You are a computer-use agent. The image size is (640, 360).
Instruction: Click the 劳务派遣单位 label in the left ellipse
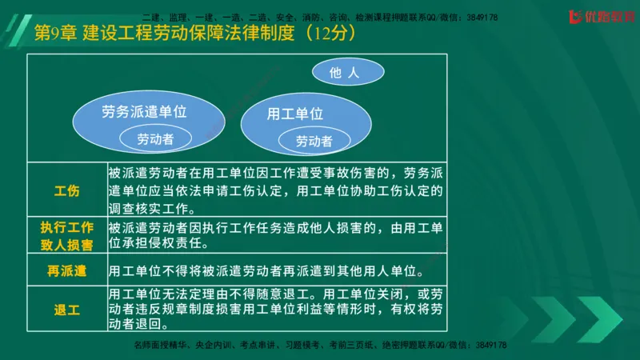[x=145, y=112]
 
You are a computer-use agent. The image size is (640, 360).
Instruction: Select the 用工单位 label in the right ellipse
[x=295, y=114]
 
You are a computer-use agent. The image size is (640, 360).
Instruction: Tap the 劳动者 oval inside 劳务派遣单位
[x=155, y=138]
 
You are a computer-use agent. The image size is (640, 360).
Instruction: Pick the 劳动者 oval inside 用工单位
[x=314, y=142]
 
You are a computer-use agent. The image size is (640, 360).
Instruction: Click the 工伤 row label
[x=66, y=191]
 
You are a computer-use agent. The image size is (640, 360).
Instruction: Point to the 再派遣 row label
[x=66, y=270]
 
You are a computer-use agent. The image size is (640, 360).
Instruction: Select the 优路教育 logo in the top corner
[x=597, y=15]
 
